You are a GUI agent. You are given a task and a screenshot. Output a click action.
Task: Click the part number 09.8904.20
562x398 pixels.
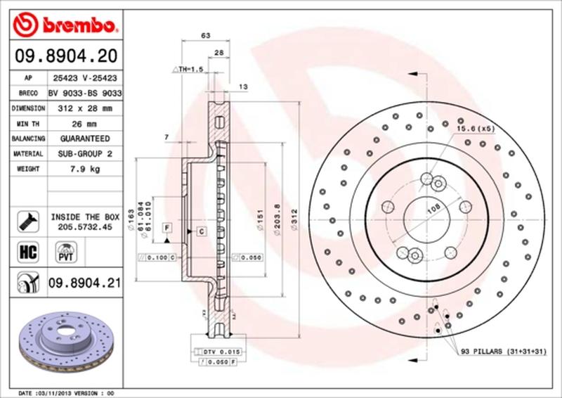[x=65, y=54]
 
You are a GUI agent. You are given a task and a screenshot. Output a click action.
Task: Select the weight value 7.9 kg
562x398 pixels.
[x=85, y=169]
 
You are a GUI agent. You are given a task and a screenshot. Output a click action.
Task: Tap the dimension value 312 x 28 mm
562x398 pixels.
[x=85, y=108]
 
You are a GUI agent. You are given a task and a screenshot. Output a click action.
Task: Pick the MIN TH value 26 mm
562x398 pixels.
[x=85, y=124]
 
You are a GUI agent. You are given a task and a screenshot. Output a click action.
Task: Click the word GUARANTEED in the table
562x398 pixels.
[x=85, y=139]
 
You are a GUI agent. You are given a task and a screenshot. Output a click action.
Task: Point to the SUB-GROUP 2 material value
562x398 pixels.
[x=85, y=153]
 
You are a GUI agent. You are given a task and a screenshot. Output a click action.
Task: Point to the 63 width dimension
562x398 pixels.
[x=206, y=34]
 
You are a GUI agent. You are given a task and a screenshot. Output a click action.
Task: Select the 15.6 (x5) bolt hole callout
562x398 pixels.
[x=476, y=129]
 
